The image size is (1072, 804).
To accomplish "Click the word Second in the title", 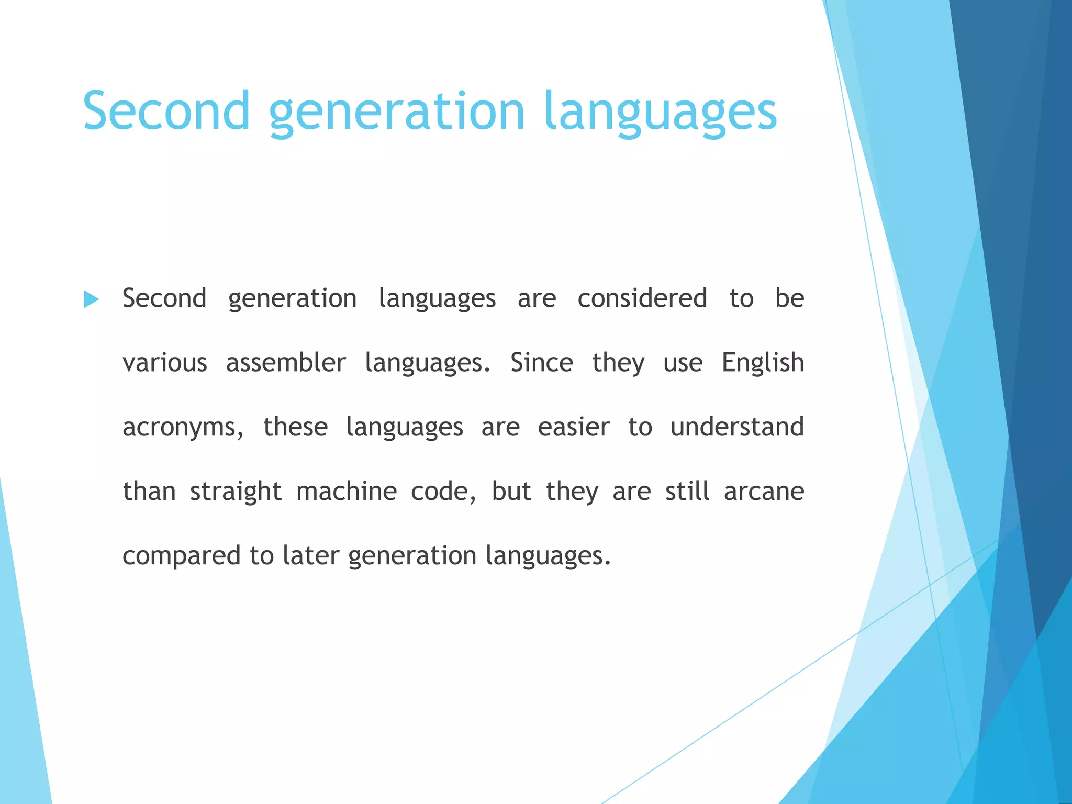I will click(x=166, y=111).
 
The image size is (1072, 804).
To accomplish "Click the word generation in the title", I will click(x=397, y=111).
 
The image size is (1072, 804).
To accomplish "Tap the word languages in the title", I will click(x=660, y=111).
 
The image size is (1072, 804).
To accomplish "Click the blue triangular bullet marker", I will click(x=91, y=300).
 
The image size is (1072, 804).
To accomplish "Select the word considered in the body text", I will click(x=642, y=298).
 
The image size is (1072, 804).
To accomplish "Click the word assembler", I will click(x=286, y=363).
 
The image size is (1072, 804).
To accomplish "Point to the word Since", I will click(x=541, y=363).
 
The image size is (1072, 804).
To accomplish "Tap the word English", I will click(x=763, y=363).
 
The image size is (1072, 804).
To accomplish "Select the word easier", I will click(x=574, y=427).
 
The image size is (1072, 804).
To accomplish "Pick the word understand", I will click(x=737, y=427).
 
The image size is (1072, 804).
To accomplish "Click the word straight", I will click(x=236, y=492).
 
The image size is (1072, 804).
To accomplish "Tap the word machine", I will click(x=347, y=492).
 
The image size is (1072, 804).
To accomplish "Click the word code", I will click(x=443, y=492).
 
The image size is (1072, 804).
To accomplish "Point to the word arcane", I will click(x=764, y=492).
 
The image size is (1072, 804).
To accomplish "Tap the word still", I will click(x=687, y=492).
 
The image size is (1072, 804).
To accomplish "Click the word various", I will click(x=165, y=363).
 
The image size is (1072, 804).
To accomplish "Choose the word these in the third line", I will click(x=295, y=427).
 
